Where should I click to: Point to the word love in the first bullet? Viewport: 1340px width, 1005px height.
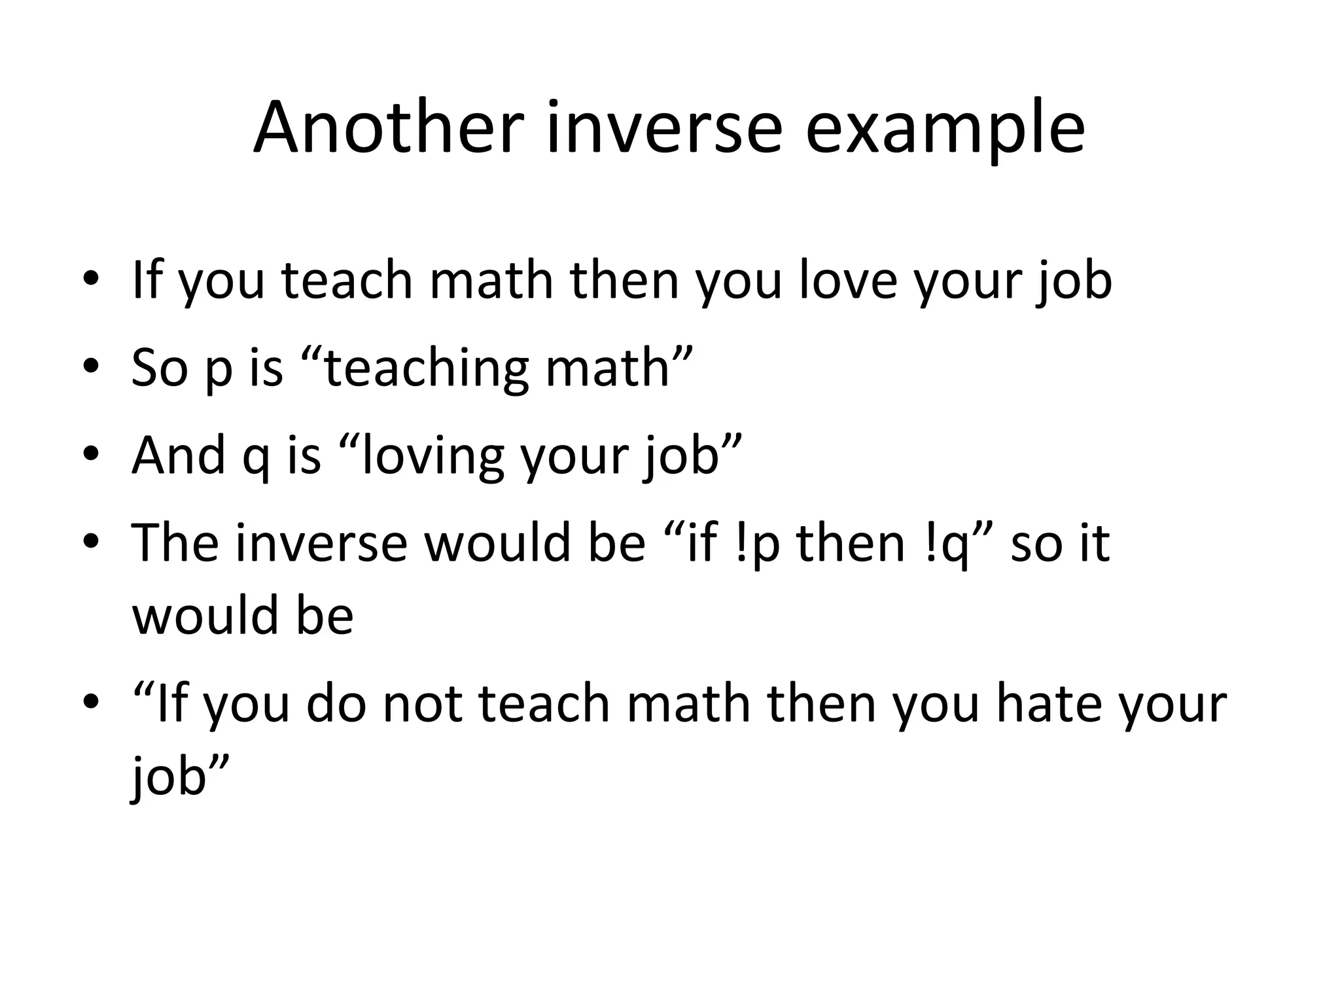pos(847,280)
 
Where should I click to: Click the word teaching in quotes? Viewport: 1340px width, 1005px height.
pos(426,369)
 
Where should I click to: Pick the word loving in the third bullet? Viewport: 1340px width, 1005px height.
pos(432,457)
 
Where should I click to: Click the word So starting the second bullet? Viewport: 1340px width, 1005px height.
pos(160,368)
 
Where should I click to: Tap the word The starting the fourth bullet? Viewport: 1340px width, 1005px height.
pos(175,542)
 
